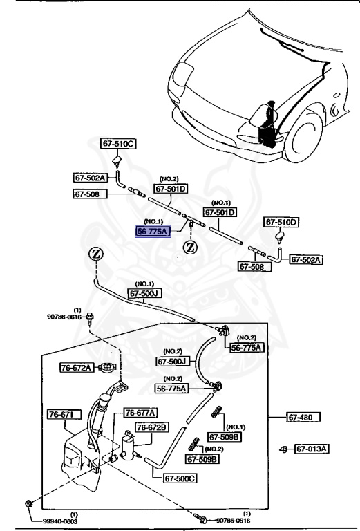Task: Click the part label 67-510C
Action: coord(119,145)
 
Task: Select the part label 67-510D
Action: coord(282,223)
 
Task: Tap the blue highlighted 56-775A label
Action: coord(152,232)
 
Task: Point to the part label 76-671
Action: coord(64,415)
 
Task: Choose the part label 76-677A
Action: coord(140,413)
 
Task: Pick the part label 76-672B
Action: coord(151,428)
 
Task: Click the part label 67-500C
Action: coord(180,478)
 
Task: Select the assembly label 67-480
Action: coord(304,417)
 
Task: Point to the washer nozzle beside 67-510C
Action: coord(117,162)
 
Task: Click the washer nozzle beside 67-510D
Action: coord(281,239)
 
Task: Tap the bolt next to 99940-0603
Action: coord(26,503)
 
